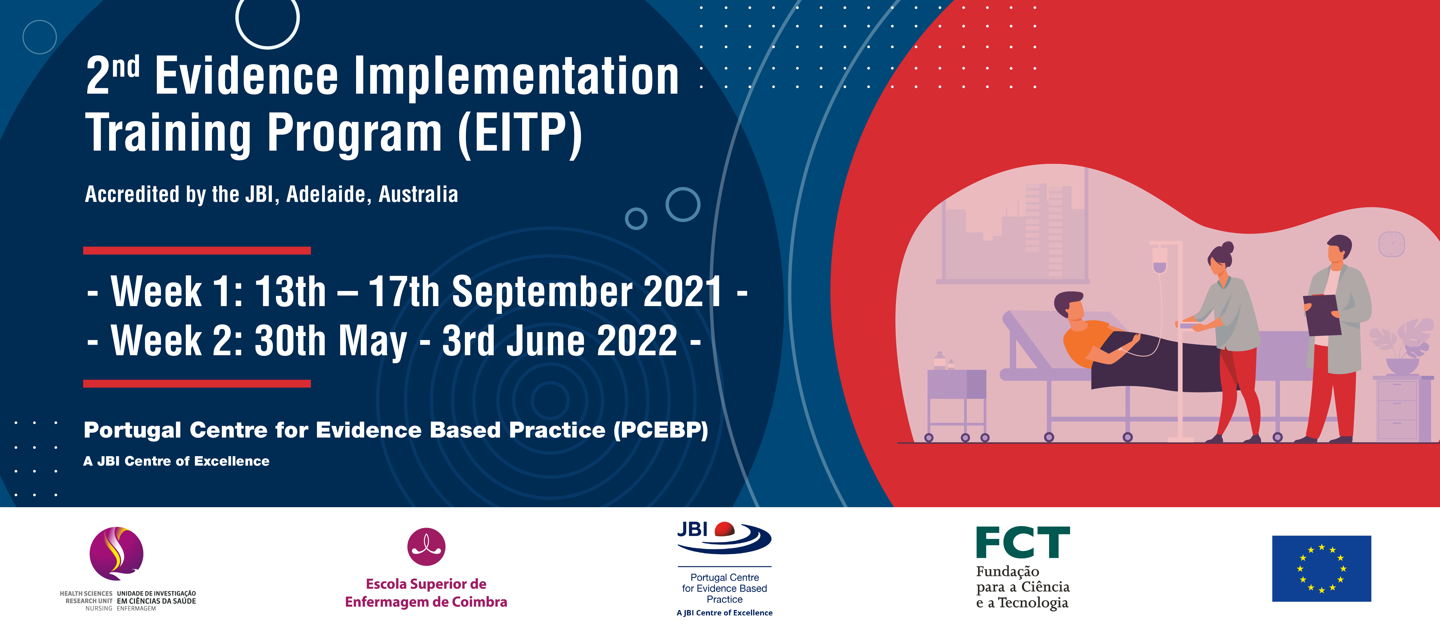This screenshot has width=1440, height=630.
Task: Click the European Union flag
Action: coord(1321,568)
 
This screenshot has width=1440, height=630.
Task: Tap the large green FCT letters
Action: coord(1023,542)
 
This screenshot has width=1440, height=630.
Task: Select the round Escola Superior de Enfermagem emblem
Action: coord(427,547)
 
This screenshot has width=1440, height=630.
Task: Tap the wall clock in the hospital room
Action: coord(1391,244)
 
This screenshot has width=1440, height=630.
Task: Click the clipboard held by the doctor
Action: coord(1322,315)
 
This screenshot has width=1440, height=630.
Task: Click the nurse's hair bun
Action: coord(1228,248)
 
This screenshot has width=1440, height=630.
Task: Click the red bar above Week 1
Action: coord(197,250)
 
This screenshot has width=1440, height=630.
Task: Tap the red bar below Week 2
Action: coord(197,384)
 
